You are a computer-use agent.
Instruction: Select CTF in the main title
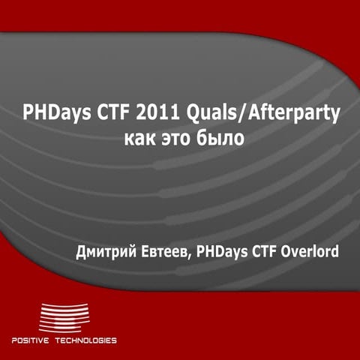(x=110, y=115)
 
